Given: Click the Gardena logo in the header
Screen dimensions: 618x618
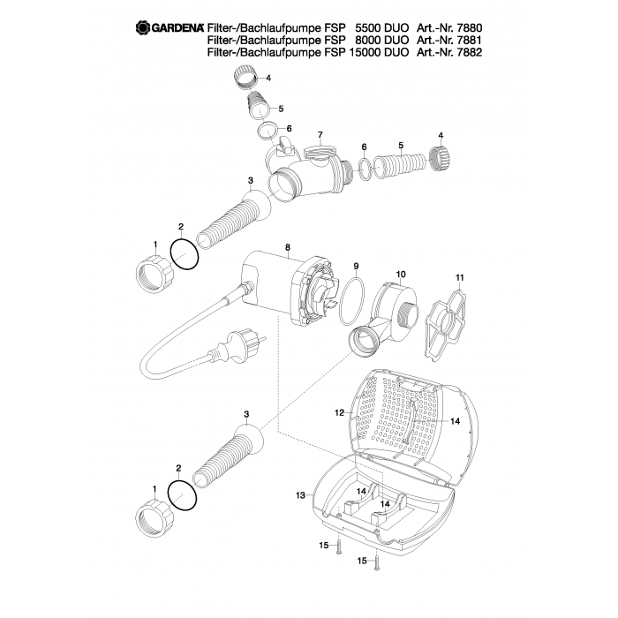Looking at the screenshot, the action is tap(170, 27).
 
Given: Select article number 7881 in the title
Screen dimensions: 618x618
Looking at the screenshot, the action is tap(469, 40).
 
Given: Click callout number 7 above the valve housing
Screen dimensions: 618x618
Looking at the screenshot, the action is tap(320, 135).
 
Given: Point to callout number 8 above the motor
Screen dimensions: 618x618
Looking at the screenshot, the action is tap(287, 247).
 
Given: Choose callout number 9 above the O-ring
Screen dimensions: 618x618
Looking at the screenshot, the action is tap(356, 266).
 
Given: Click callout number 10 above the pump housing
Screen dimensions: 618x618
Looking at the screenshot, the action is tap(401, 274).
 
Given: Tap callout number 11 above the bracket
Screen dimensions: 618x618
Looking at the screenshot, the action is tap(460, 277).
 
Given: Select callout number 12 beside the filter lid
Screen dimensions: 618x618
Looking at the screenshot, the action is tap(339, 412).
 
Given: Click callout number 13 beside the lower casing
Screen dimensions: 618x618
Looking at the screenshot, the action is tap(300, 495).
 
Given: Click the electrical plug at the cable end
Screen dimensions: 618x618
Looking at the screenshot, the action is tap(237, 346).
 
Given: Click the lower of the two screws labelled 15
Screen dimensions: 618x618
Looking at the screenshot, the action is tap(376, 561).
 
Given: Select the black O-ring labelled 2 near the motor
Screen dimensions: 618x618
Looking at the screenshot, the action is tap(185, 255).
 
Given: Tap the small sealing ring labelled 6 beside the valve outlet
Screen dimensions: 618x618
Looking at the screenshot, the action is tap(365, 169).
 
